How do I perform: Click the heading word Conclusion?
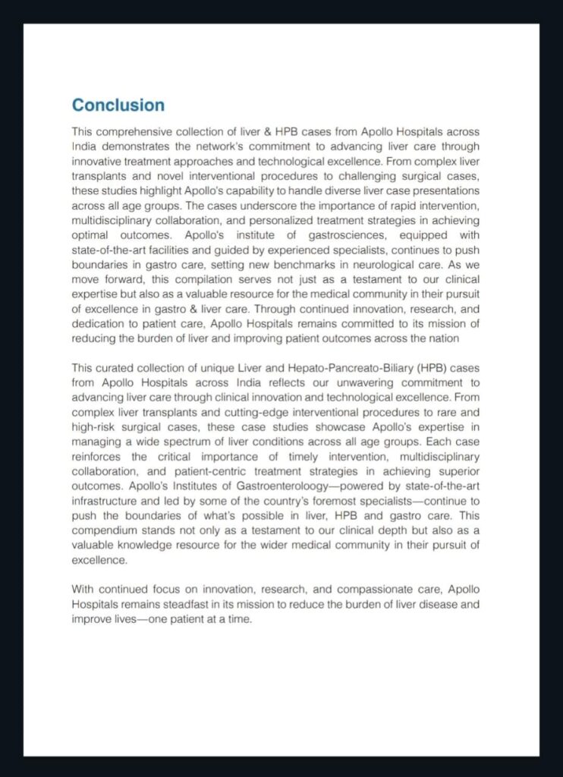[x=118, y=105]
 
